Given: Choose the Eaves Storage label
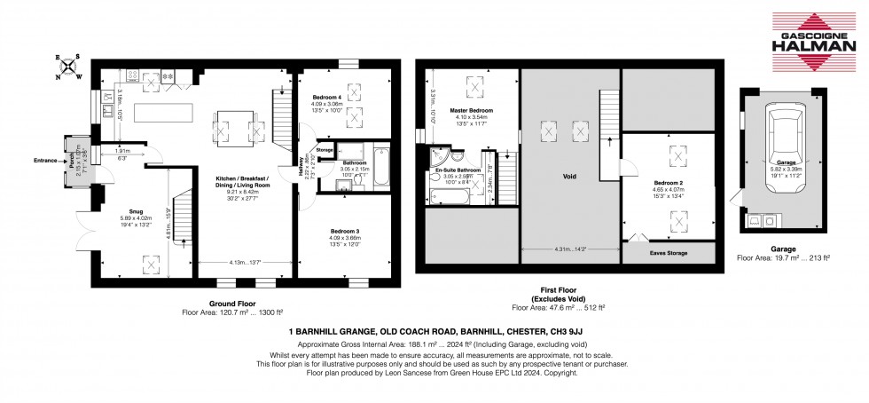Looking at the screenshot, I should tap(668, 253).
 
